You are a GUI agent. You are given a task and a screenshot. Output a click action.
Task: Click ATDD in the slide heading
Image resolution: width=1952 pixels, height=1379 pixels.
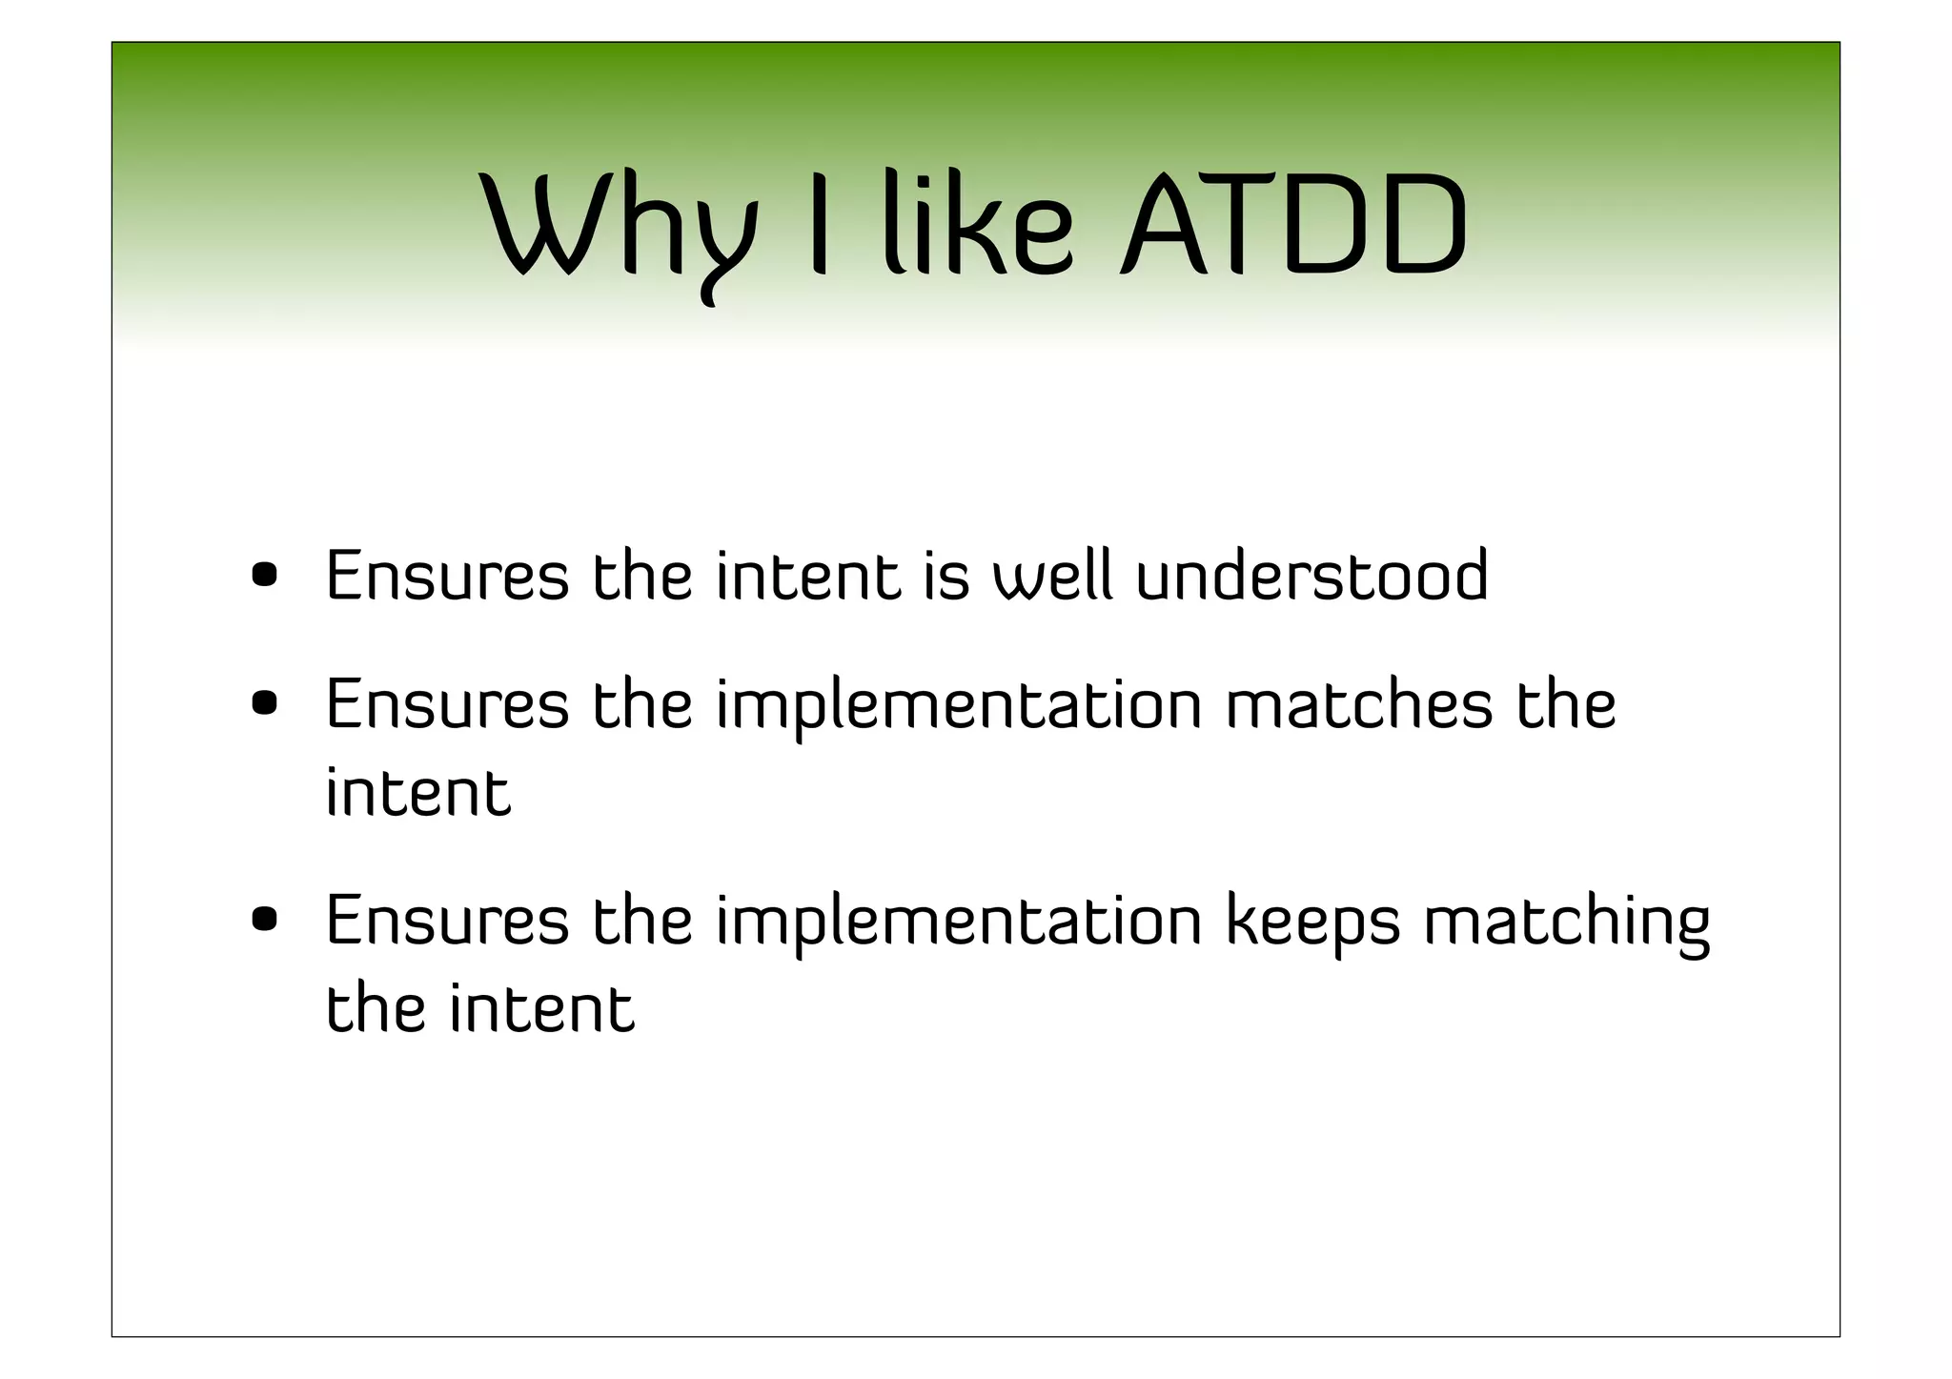pyautogui.click(x=1293, y=227)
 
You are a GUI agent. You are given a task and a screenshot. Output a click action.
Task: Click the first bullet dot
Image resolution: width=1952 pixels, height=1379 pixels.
pyautogui.click(x=264, y=576)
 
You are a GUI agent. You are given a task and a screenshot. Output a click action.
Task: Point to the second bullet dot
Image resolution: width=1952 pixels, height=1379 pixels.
pyautogui.click(x=264, y=704)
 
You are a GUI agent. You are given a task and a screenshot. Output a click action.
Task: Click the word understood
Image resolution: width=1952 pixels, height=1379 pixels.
pyautogui.click(x=1311, y=576)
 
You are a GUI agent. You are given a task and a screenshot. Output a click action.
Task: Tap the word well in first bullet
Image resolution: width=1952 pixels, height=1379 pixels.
pyautogui.click(x=1052, y=576)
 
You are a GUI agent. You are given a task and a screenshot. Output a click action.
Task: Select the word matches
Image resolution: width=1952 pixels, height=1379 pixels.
pyautogui.click(x=1358, y=704)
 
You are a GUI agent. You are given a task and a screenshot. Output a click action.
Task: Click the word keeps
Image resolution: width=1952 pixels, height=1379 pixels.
pyautogui.click(x=1312, y=923)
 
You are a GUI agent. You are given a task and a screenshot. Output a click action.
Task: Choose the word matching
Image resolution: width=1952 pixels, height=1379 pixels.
pyautogui.click(x=1567, y=923)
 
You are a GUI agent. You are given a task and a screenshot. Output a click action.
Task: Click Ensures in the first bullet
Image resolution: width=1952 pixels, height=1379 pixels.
pyautogui.click(x=447, y=576)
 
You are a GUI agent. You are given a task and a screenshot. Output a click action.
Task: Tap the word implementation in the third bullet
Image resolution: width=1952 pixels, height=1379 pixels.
pyautogui.click(x=959, y=923)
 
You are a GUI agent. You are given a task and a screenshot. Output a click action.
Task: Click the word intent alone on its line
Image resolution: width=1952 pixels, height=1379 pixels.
pyautogui.click(x=418, y=793)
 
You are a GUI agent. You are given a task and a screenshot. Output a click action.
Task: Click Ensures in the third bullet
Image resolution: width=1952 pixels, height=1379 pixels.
pyautogui.click(x=447, y=921)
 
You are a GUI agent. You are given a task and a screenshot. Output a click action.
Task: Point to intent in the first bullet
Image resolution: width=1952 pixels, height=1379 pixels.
pyautogui.click(x=807, y=576)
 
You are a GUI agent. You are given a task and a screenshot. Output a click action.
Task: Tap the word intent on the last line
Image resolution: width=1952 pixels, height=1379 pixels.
pyautogui.click(x=541, y=1008)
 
